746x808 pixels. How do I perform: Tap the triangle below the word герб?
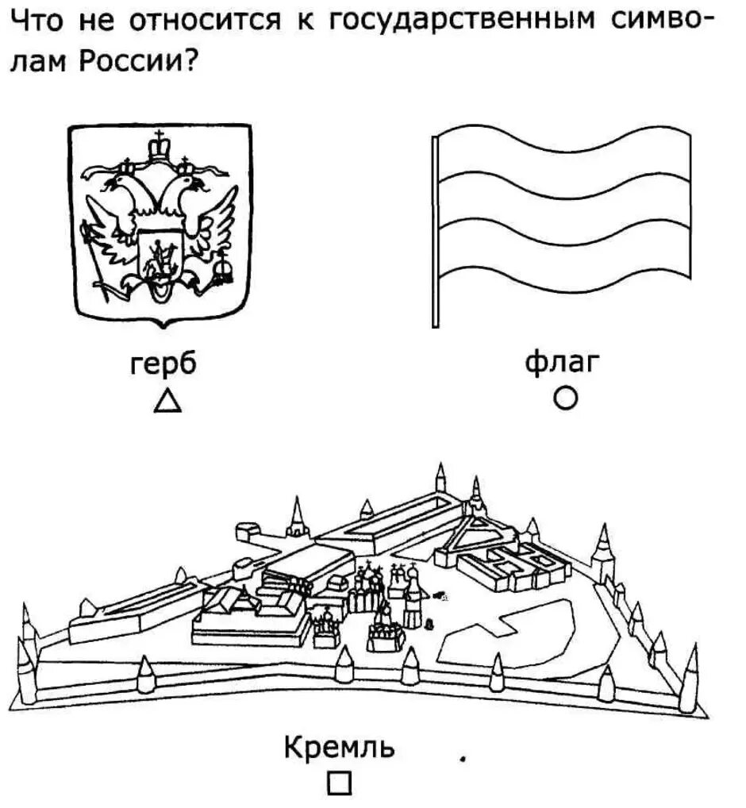click(x=167, y=401)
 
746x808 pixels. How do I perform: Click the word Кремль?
click(x=339, y=748)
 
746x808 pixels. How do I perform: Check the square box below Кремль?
click(x=338, y=783)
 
